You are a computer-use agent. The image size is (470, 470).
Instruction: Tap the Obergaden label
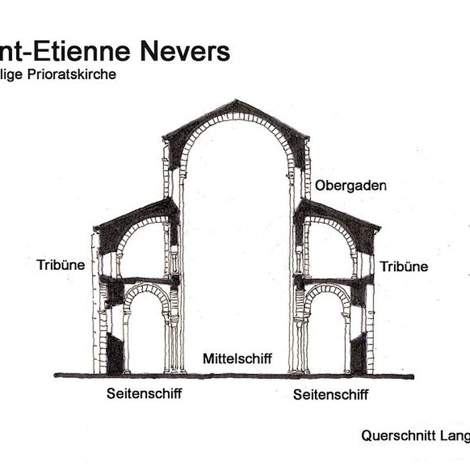[x=350, y=185]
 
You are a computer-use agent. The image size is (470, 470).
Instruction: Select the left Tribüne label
[x=61, y=265]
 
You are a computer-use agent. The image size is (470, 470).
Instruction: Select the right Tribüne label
[x=404, y=267]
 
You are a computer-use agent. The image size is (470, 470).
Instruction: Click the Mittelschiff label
[x=237, y=359]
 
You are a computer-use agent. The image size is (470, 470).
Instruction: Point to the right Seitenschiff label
[x=330, y=395]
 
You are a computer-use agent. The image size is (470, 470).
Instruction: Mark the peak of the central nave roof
[x=236, y=101]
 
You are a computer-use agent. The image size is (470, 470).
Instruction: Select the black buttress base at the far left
[x=115, y=354]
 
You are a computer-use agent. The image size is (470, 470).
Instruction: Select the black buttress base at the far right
[x=359, y=354]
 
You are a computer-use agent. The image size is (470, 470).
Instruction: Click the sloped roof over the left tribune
[x=134, y=212]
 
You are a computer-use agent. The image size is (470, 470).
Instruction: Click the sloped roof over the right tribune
[x=339, y=212]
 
